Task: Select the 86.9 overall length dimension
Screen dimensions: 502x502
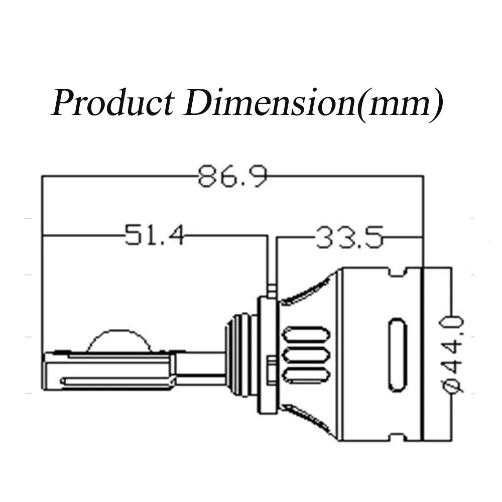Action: tap(232, 176)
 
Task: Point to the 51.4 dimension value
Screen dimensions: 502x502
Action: tap(154, 235)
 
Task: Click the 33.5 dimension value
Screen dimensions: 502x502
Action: tap(349, 237)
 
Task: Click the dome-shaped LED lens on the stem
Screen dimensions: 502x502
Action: tap(119, 341)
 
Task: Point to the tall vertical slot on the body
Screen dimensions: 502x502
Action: tap(397, 355)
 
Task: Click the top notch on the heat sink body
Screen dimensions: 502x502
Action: tap(397, 272)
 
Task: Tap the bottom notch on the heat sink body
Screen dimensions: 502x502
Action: tap(397, 437)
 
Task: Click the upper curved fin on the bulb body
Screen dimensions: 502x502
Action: tap(306, 290)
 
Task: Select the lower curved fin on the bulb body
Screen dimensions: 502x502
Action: tap(306, 419)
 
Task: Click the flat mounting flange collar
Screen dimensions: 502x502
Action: tap(268, 355)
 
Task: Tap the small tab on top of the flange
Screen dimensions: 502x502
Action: tap(272, 290)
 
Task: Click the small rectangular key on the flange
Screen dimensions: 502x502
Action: tap(272, 369)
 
